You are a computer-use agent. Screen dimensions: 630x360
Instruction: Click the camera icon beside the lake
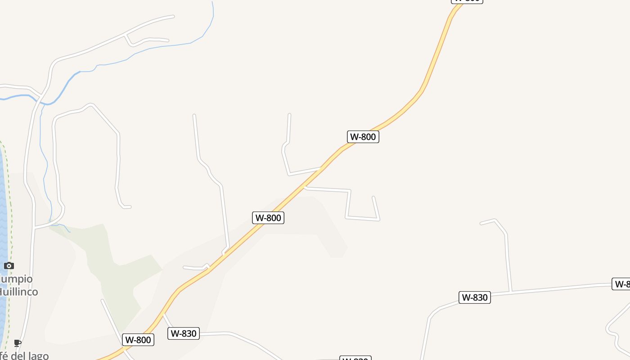[x=9, y=266]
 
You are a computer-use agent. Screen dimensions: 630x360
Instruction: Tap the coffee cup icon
[x=18, y=343]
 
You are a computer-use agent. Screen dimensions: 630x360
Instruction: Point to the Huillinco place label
[x=18, y=292]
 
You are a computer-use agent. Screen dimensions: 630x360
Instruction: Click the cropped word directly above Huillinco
[x=16, y=279]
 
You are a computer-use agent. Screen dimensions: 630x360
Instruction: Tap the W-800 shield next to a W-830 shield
[x=138, y=340]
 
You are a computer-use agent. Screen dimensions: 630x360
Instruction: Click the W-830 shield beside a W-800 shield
[x=184, y=333]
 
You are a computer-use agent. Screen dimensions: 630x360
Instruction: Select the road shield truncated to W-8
[x=621, y=284]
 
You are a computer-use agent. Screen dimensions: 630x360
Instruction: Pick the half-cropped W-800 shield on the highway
[x=467, y=1]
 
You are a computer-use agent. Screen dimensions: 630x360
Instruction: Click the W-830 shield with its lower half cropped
[x=355, y=358]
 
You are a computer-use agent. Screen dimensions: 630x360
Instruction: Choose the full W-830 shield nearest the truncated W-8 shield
[x=474, y=297]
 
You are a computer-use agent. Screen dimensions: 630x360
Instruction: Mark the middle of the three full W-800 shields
[x=268, y=218]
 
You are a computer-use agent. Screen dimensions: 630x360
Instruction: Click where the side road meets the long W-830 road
[x=510, y=292]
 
